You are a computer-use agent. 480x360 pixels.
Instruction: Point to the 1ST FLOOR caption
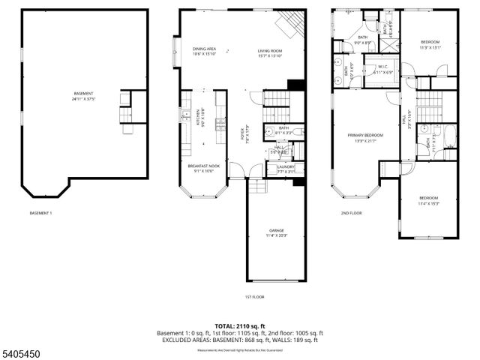click(254, 297)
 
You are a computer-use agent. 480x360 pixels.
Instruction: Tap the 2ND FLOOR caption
click(351, 213)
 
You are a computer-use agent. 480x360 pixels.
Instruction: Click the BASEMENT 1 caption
click(40, 213)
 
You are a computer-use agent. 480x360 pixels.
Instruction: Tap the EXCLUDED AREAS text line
click(240, 340)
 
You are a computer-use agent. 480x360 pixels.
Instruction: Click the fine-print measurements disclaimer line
click(240, 349)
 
